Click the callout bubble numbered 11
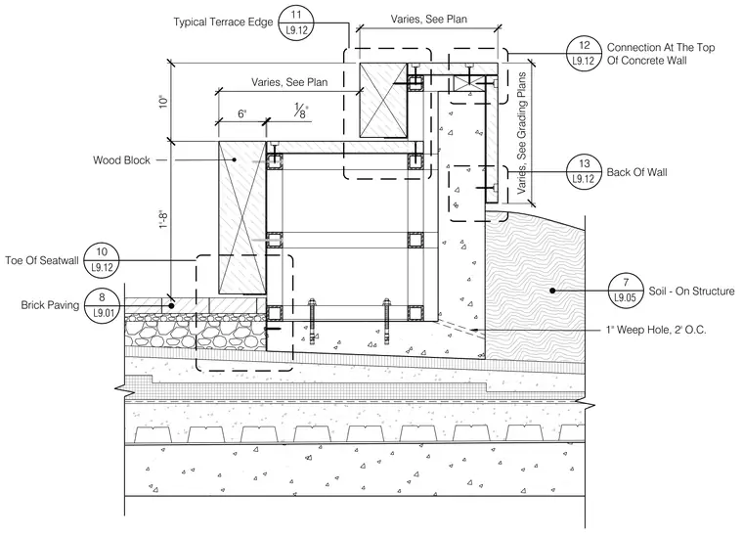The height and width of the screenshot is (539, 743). (296, 22)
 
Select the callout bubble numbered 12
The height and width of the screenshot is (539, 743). (585, 53)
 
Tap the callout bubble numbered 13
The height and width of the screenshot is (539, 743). (585, 171)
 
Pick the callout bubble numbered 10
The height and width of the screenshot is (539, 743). (102, 260)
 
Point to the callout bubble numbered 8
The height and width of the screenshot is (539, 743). (102, 306)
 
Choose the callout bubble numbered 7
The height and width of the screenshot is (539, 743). (626, 291)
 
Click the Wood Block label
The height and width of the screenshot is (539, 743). (121, 160)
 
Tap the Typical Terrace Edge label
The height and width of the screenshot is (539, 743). (223, 22)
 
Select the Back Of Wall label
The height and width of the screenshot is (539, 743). (636, 172)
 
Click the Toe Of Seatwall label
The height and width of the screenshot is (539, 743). (42, 260)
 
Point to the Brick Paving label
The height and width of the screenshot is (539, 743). (50, 305)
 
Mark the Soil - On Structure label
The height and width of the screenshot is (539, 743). (691, 292)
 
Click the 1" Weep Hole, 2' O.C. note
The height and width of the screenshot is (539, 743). (656, 330)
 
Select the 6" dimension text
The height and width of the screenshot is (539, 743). (242, 113)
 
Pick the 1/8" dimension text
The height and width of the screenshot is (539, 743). (301, 111)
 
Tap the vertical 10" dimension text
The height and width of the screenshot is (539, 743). (163, 102)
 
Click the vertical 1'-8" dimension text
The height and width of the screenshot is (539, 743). (163, 220)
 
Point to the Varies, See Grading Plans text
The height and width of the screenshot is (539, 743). (522, 133)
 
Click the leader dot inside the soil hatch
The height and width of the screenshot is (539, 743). (552, 291)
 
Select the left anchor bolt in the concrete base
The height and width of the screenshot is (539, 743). (312, 321)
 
